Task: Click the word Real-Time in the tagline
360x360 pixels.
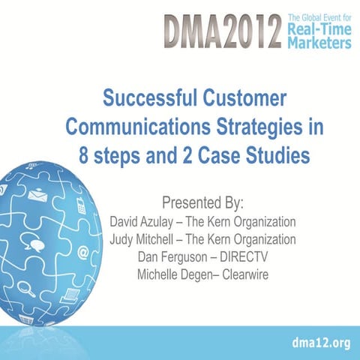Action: [318, 29]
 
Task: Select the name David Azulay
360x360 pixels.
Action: [144, 223]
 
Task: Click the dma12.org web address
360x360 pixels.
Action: [322, 343]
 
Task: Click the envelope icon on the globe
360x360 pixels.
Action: [37, 196]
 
